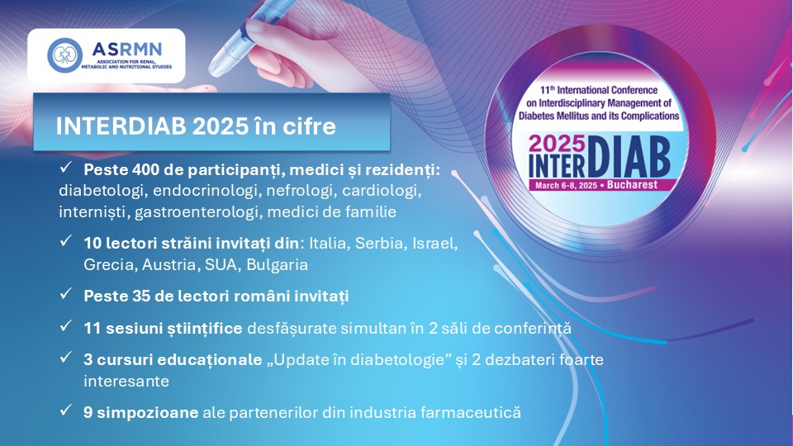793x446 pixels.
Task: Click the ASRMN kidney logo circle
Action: (x=64, y=55)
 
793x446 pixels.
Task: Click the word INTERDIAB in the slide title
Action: (x=121, y=126)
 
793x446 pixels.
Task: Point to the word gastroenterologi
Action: (x=197, y=212)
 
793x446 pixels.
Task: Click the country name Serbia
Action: (x=380, y=243)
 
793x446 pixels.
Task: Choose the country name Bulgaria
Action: (x=278, y=265)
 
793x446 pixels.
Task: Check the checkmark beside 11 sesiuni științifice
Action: (x=66, y=326)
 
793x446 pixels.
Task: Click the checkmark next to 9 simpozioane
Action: (x=66, y=410)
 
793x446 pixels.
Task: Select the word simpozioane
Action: (x=148, y=413)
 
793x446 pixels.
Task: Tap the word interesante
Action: (x=126, y=382)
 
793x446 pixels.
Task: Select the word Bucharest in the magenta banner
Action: (x=632, y=185)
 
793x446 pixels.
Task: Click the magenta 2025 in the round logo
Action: (x=557, y=145)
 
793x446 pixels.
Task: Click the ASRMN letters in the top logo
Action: (x=127, y=50)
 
